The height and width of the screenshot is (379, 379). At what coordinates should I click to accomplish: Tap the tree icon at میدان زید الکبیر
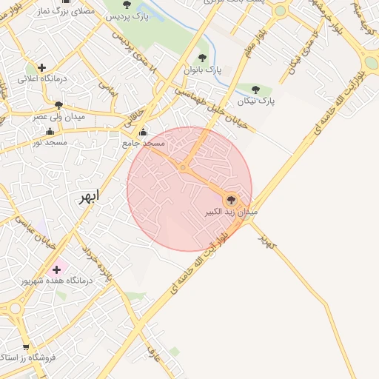coord(230,199)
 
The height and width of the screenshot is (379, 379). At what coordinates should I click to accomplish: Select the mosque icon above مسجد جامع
coord(143,133)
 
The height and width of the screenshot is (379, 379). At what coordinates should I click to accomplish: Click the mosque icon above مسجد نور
coord(50,131)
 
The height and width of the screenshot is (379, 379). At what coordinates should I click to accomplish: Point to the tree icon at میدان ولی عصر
coord(58,105)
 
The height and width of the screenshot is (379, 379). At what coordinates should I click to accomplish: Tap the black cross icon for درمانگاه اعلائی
coord(42,67)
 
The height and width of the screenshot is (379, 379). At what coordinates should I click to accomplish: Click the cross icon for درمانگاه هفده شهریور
coord(57,269)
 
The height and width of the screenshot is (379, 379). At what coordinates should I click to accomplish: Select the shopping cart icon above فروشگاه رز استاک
coord(27,346)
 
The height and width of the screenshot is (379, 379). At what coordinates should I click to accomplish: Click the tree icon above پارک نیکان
coord(256,90)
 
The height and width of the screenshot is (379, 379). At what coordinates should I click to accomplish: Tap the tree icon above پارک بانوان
coord(202,58)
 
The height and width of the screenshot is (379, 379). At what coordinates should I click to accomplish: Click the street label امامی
coord(109,91)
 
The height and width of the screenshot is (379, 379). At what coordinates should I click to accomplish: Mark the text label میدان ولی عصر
coord(59,117)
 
